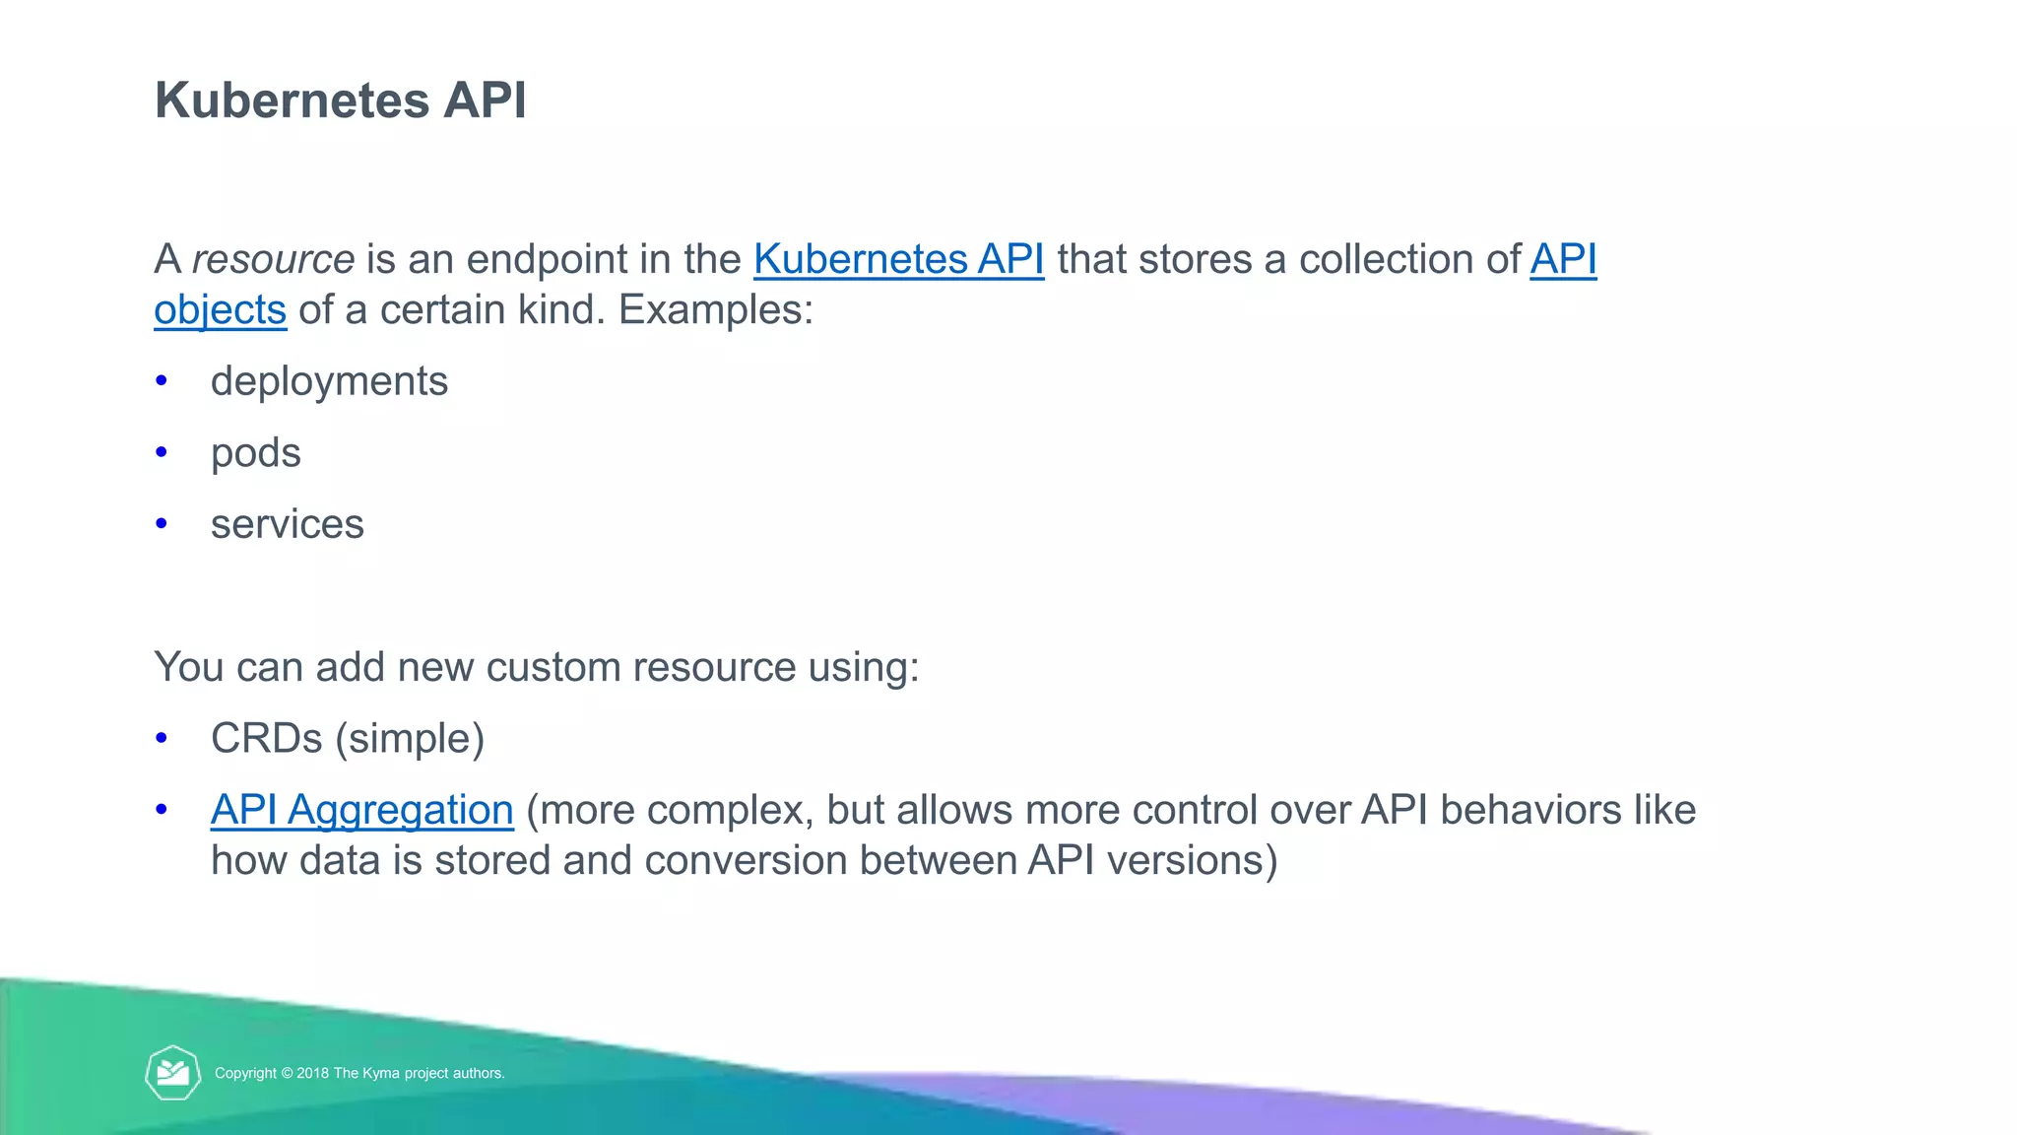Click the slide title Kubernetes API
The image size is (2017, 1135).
[340, 100]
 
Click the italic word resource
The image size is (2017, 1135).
[273, 260]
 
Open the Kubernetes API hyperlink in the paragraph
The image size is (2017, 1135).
[898, 260]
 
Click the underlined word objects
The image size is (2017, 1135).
[221, 310]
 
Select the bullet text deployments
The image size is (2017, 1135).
[329, 381]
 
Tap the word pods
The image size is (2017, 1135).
[256, 453]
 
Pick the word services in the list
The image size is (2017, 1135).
[288, 524]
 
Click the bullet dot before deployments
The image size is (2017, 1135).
[162, 380]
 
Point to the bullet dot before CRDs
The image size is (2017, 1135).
[162, 738]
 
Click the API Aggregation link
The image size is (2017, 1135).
[361, 810]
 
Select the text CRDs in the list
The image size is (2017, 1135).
[266, 739]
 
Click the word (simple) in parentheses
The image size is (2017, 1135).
[410, 739]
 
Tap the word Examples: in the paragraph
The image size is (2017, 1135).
[716, 310]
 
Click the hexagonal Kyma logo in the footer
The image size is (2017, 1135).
[173, 1073]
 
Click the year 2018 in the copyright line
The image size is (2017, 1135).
[312, 1074]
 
